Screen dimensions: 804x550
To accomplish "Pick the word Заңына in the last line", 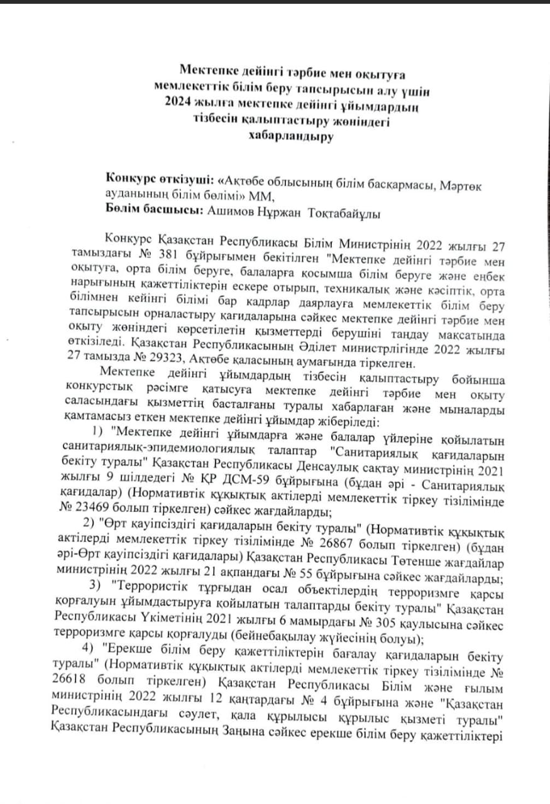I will click(270, 733).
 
